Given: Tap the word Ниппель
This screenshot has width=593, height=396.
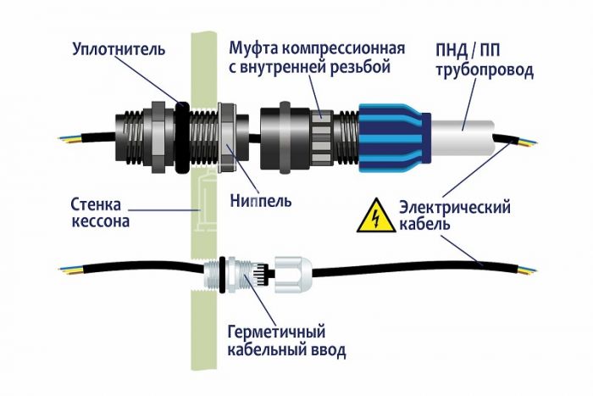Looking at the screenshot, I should [262, 202].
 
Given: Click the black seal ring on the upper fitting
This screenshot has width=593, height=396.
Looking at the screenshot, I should [182, 136].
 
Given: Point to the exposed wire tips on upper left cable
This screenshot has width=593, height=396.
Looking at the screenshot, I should [68, 137].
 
